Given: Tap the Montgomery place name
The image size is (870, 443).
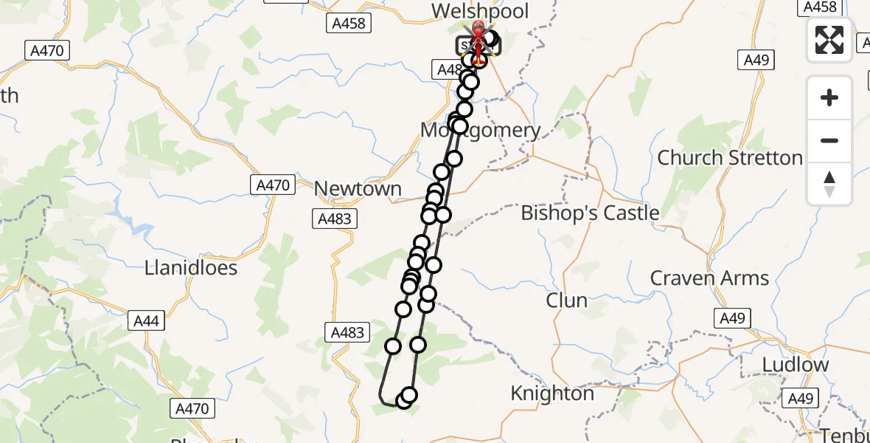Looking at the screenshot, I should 480,131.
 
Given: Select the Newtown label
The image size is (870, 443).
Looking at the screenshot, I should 358,189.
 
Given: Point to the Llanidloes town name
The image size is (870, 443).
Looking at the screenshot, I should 190,267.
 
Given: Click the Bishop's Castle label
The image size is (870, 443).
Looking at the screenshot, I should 590,213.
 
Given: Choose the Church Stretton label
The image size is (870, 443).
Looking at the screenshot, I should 729,158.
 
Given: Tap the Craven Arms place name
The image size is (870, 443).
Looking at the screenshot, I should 709,278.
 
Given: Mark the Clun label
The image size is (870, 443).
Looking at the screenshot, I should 566,301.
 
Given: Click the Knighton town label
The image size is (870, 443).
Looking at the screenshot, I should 552,394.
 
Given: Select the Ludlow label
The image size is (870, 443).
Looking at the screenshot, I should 795,365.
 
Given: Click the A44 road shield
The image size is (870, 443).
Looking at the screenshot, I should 146,321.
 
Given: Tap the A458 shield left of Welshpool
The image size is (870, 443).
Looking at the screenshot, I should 348,24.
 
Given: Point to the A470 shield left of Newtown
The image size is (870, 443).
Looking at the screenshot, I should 273,185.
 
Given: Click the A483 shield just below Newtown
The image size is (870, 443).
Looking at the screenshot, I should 335,219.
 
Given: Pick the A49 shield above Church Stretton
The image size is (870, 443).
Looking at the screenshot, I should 756,60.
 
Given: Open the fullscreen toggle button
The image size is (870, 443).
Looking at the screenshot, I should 829,40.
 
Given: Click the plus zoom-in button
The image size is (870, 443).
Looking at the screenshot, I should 829,97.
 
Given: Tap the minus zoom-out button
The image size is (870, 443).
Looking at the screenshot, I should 829,140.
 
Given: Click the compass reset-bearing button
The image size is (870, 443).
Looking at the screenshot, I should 829,183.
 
